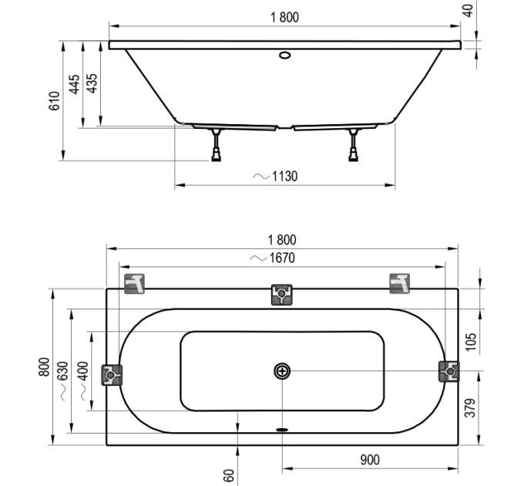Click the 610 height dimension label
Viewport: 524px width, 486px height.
coord(54,101)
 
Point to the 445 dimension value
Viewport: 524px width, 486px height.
coord(74,84)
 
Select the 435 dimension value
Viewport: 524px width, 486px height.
coord(91,83)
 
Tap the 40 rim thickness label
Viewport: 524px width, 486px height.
coord(469,10)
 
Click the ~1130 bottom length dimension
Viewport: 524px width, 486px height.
coord(275,176)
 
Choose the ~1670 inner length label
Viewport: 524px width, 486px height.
coord(273,258)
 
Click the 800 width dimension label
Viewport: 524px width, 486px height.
coord(44,367)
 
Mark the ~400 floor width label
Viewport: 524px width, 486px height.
coord(83,380)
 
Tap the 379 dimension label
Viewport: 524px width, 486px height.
coord(470,408)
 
